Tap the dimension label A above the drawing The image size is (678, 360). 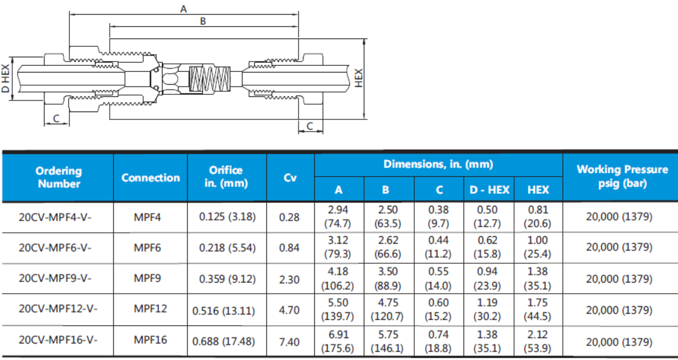(x=184, y=8)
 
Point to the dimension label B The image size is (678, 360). (x=203, y=20)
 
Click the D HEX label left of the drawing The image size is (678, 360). (x=5, y=79)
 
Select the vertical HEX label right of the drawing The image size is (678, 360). (x=358, y=78)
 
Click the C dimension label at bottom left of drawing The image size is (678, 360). (x=56, y=118)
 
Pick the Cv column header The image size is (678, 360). (x=290, y=177)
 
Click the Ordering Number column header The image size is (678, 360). (x=58, y=177)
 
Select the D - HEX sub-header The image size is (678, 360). (x=489, y=189)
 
